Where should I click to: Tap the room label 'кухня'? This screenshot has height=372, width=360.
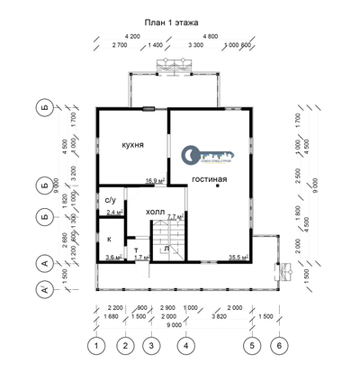point(134,144)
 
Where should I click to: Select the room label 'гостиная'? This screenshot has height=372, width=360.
point(209,179)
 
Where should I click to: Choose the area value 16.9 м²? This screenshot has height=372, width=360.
point(154,180)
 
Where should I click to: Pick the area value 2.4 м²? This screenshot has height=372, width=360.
point(114,213)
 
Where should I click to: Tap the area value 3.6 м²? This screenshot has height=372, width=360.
point(113,258)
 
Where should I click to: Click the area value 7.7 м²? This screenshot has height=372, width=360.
point(175,217)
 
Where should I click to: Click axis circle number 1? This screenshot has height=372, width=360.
point(94,345)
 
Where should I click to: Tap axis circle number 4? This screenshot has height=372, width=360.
point(184,345)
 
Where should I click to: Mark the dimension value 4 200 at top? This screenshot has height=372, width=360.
point(133,35)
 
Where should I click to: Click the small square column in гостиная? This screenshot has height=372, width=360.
point(229,186)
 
